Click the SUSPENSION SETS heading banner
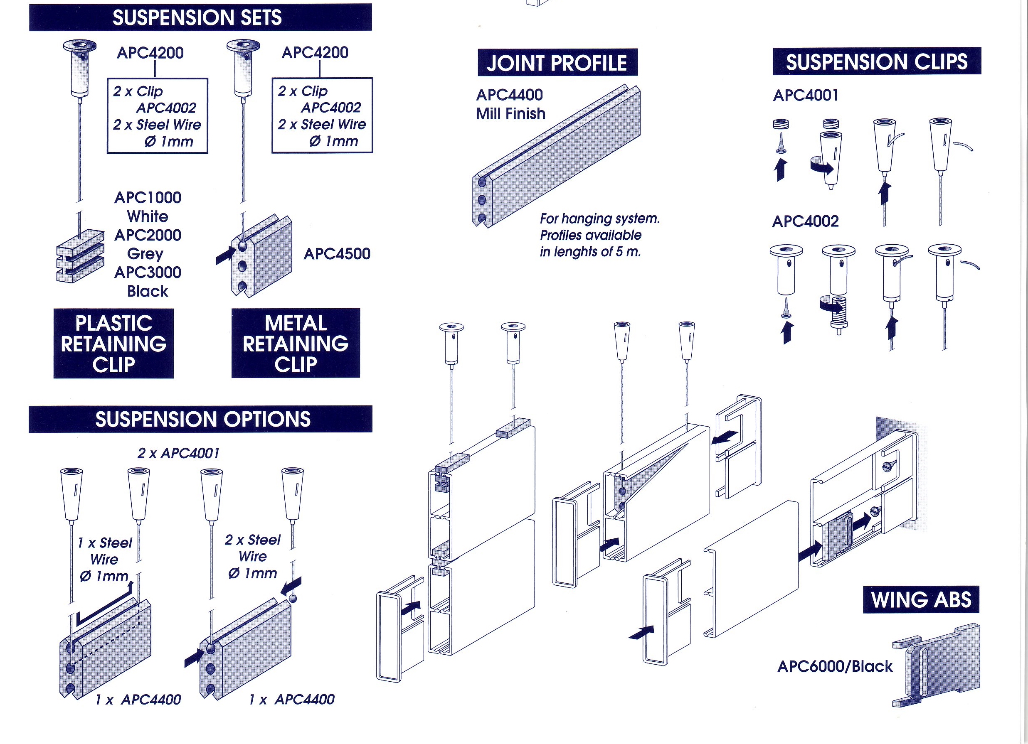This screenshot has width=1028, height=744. [200, 17]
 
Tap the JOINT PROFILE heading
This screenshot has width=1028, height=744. [557, 62]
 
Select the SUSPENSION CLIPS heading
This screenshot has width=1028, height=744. [876, 61]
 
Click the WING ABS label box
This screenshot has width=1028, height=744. [921, 599]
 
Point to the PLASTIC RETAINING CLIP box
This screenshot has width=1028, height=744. [113, 343]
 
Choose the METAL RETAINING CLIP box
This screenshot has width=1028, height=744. [296, 343]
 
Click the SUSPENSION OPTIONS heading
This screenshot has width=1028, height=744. [200, 419]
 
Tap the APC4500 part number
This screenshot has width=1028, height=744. [337, 253]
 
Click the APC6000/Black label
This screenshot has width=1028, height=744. [834, 666]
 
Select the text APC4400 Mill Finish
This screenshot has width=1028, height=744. [510, 104]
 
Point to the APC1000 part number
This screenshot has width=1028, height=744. [148, 197]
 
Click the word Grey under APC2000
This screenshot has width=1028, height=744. [145, 253]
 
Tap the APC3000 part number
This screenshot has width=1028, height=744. [148, 272]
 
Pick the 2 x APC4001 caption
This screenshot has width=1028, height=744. [178, 453]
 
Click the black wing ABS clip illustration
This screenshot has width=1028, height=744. [938, 665]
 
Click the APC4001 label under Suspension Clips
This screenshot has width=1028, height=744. [806, 95]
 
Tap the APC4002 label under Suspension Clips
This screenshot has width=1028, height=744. [805, 221]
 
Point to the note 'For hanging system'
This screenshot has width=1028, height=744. [599, 219]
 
